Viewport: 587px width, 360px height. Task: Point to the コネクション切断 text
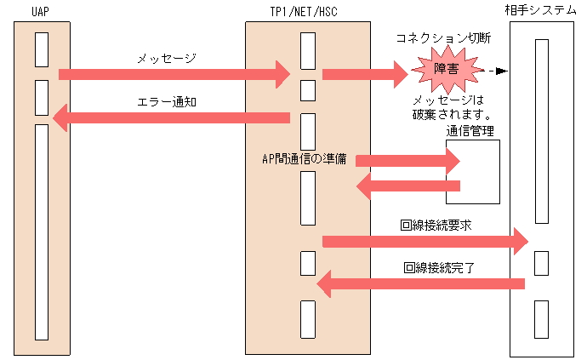point(443,38)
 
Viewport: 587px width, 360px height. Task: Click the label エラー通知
point(167,101)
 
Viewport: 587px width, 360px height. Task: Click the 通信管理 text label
point(470,131)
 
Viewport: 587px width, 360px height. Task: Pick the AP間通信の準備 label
point(304,158)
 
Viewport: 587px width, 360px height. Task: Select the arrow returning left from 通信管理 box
point(407,186)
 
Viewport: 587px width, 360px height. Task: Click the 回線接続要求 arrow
point(425,242)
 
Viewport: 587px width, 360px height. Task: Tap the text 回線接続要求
point(436,226)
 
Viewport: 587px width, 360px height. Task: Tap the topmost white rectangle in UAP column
point(42,49)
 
